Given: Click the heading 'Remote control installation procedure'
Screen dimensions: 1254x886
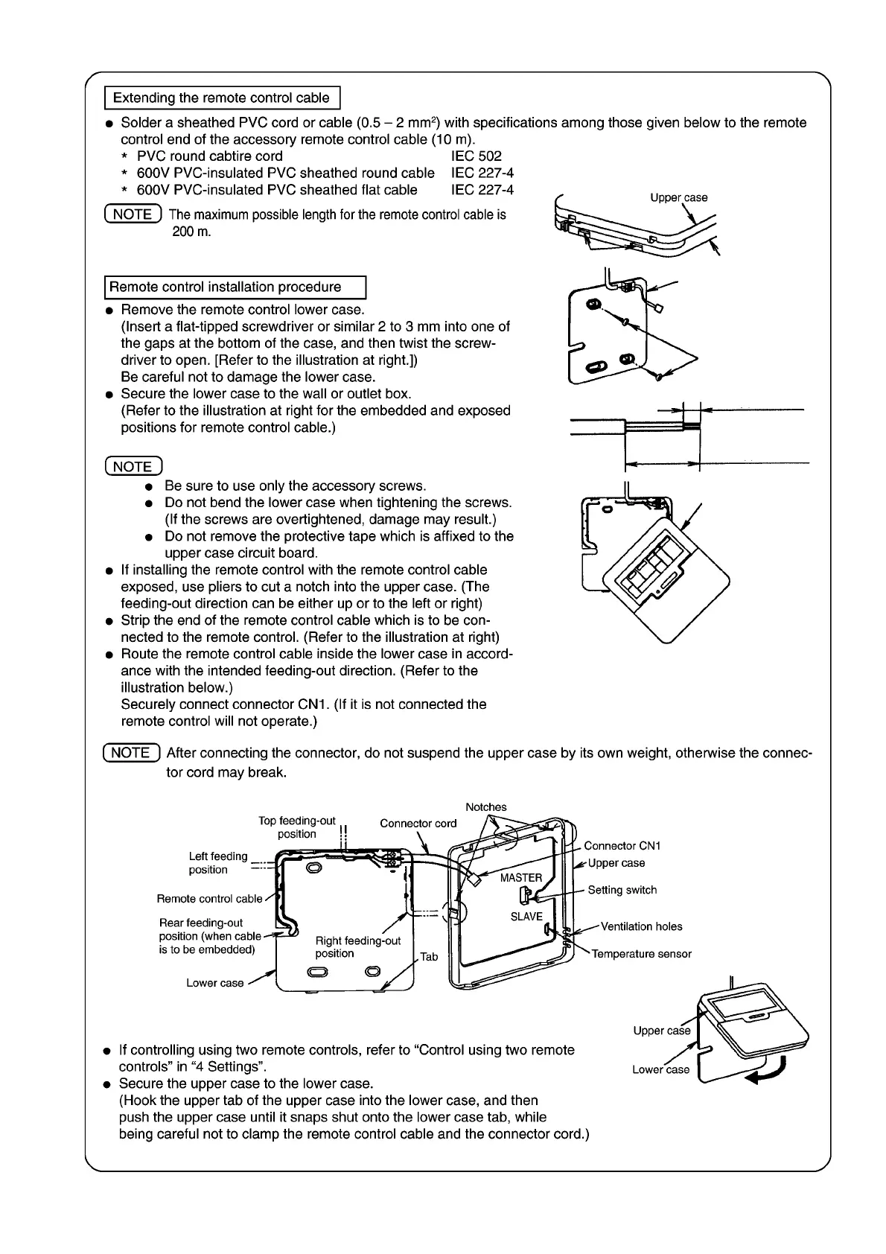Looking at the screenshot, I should click(225, 287).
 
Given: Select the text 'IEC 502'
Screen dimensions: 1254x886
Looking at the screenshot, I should click(477, 156).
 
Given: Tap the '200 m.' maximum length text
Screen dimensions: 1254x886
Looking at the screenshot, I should click(192, 232).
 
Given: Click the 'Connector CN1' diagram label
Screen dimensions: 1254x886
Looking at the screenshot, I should click(622, 846).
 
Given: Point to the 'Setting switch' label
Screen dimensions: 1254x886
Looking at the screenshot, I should click(622, 890).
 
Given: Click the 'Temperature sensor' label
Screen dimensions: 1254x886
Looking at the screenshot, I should click(641, 954).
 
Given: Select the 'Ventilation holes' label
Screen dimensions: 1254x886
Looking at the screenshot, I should click(641, 926).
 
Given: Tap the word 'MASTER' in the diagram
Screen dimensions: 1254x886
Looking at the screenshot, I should click(521, 878).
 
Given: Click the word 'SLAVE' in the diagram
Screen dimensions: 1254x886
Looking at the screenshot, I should click(526, 917).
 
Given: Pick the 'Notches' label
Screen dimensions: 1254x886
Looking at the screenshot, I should click(485, 807).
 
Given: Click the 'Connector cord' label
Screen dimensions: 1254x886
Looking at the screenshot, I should click(418, 823).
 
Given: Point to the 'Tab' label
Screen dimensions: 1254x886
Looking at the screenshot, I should click(429, 957).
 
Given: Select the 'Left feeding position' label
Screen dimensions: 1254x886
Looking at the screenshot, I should click(217, 863).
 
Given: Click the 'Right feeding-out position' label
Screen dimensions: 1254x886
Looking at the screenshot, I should click(357, 947).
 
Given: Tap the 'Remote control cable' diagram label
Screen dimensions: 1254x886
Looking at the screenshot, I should click(209, 899).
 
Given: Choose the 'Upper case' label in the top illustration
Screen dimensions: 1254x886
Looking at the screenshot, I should click(678, 197).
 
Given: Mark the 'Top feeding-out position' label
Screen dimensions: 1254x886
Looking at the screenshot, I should click(296, 827).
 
